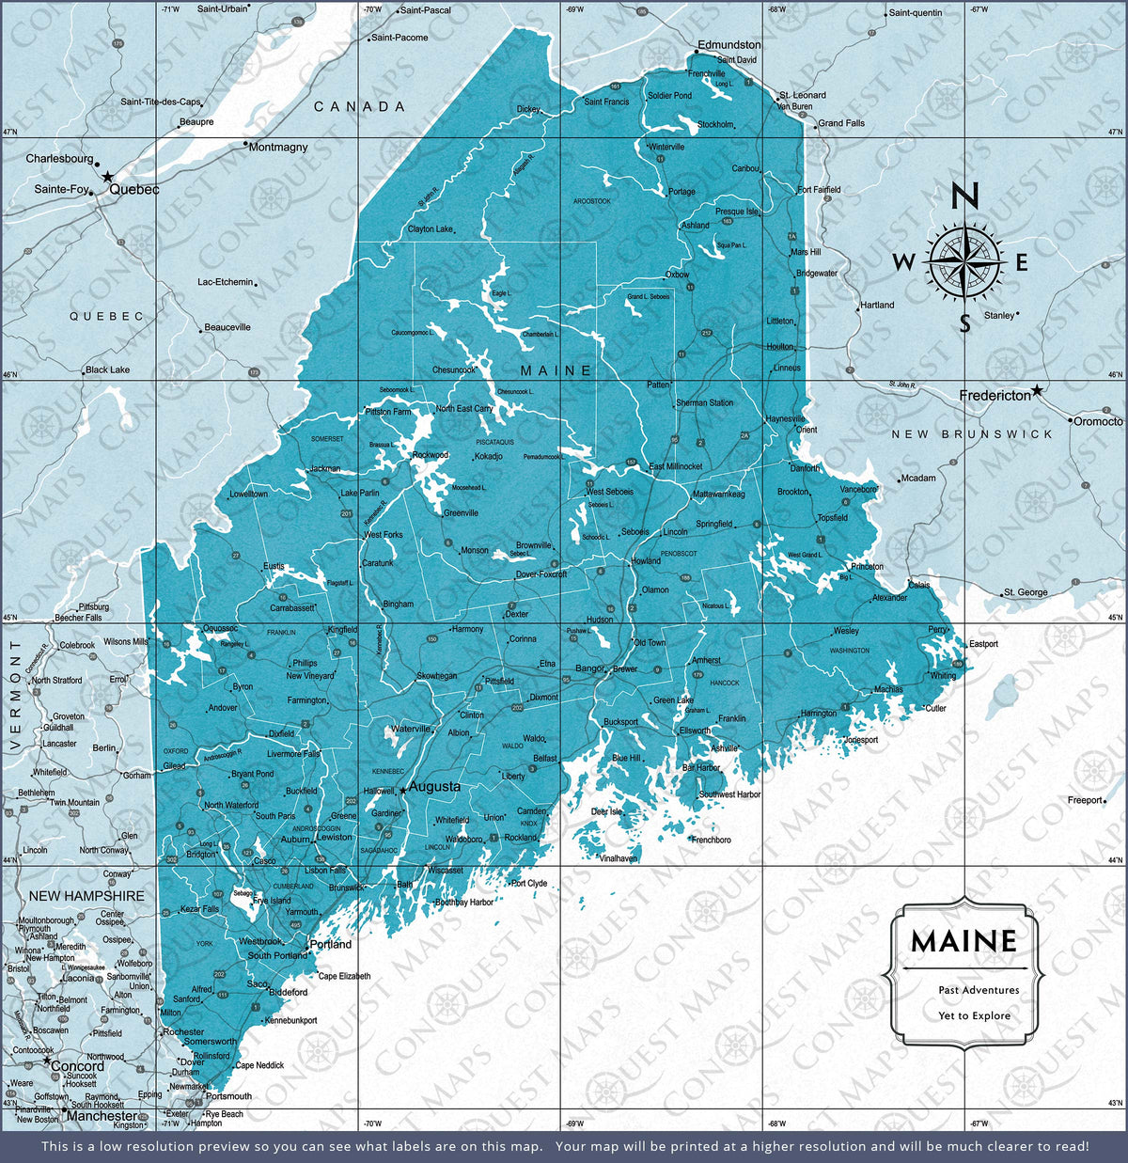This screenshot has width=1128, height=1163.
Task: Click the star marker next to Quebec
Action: pyautogui.click(x=108, y=176)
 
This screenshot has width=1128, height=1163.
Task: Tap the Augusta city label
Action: pyautogui.click(x=435, y=786)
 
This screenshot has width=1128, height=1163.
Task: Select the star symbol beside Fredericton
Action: pyautogui.click(x=1037, y=389)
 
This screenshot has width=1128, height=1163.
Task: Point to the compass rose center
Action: pyautogui.click(x=964, y=261)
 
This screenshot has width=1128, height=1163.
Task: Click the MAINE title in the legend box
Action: pyautogui.click(x=963, y=941)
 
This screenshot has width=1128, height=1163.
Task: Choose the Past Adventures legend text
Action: pyautogui.click(x=978, y=990)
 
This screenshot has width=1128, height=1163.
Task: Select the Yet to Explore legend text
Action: pyautogui.click(x=974, y=1015)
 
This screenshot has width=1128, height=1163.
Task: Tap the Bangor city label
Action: pyautogui.click(x=590, y=668)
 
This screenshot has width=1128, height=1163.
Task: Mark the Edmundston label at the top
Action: pyautogui.click(x=728, y=44)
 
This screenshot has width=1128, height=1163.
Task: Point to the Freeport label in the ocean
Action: pyautogui.click(x=1084, y=800)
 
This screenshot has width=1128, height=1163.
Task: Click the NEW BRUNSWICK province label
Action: pyautogui.click(x=973, y=434)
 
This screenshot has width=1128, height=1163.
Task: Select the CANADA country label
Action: pyautogui.click(x=359, y=107)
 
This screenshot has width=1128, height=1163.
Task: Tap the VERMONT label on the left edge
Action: pyautogui.click(x=15, y=696)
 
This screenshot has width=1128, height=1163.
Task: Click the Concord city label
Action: pyautogui.click(x=77, y=1066)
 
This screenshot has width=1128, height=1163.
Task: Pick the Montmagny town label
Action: pyautogui.click(x=278, y=148)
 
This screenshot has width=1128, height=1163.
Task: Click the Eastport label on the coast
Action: pyautogui.click(x=983, y=644)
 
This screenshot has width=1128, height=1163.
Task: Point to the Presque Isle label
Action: pyautogui.click(x=736, y=212)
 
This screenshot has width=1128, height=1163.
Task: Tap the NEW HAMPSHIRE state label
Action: pyautogui.click(x=86, y=896)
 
